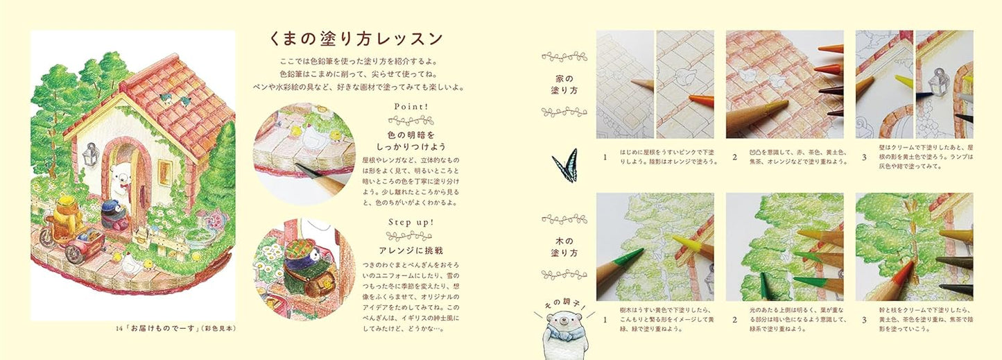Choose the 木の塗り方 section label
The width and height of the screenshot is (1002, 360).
point(564,244)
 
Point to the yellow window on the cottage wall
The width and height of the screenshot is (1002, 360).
point(165,171)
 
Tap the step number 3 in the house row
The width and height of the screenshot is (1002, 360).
point(863,157)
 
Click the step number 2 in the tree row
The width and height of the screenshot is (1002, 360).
point(734,320)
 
